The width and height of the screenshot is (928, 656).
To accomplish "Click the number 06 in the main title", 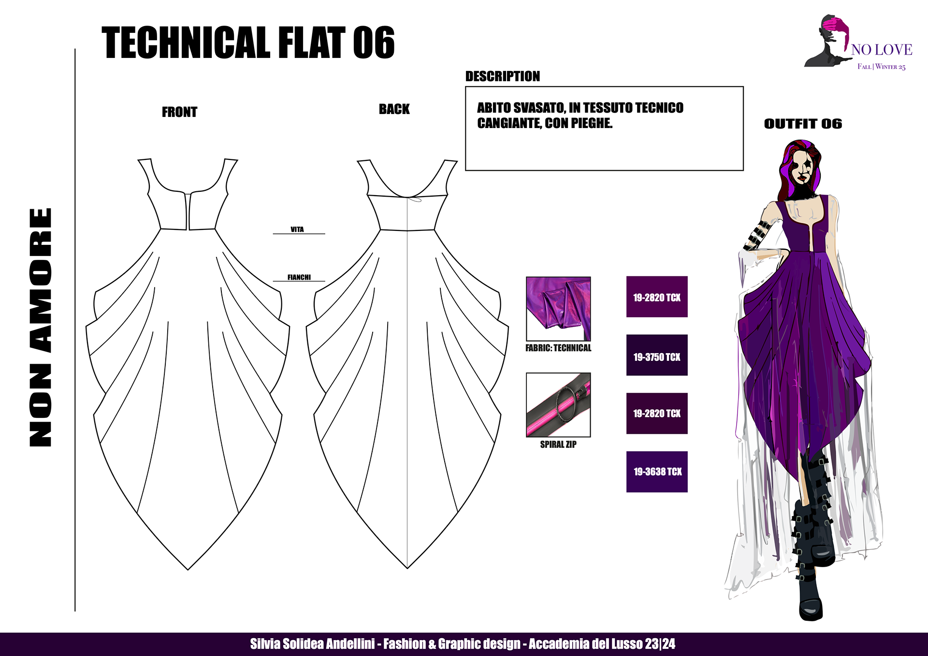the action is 374,43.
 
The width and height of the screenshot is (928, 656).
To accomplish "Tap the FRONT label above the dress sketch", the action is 179,112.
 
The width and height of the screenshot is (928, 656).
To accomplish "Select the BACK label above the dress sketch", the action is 394,109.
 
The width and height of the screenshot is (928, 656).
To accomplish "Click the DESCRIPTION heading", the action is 502,76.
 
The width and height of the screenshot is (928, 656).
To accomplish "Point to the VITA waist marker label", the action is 297,229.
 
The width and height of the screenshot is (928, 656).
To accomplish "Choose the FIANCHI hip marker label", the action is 299,277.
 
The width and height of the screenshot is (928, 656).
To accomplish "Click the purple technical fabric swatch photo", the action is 558,309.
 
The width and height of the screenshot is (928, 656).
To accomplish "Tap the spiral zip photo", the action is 558,405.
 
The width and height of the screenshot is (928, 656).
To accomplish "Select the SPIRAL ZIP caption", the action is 558,444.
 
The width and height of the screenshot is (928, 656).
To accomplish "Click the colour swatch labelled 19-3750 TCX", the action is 657,355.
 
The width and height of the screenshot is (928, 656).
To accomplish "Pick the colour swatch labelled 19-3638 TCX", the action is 657,472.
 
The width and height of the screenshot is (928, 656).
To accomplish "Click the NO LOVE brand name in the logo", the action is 882,50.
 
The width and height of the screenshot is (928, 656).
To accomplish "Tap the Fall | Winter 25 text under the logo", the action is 881,67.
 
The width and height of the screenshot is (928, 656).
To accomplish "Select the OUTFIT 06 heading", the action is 803,124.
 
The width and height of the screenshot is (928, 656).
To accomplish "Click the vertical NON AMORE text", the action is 41,327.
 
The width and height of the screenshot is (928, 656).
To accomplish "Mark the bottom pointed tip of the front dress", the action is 188,569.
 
